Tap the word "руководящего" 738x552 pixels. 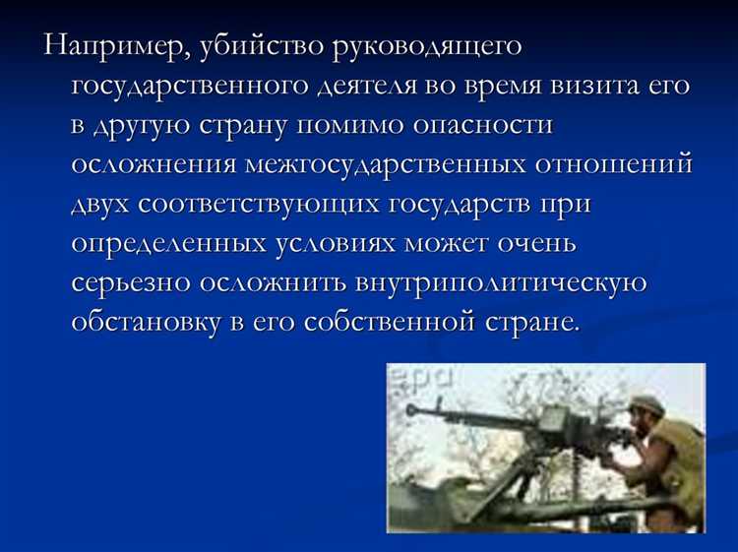[x=429, y=46]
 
